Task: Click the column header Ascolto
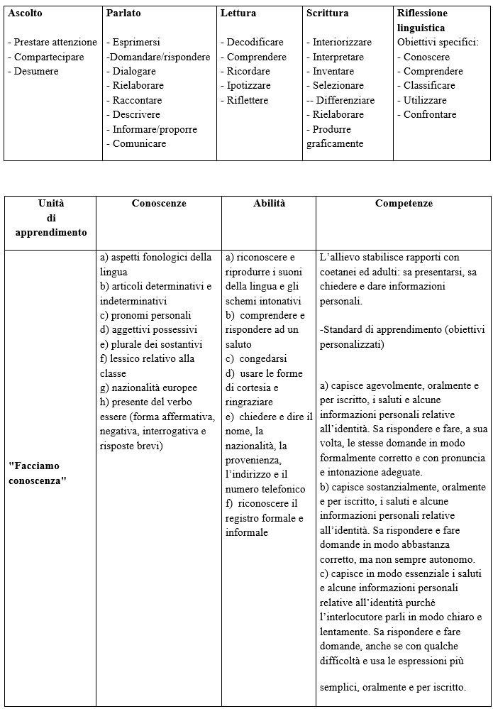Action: [x=25, y=13]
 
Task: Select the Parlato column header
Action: [x=123, y=13]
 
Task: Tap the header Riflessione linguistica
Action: [x=422, y=21]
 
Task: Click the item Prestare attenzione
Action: [x=52, y=43]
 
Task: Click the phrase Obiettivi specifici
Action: [x=438, y=43]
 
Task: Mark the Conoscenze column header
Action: [x=159, y=204]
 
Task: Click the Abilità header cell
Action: [x=269, y=204]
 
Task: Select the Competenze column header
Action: [x=403, y=204]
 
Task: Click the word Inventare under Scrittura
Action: [x=333, y=72]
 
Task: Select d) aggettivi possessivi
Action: [x=148, y=329]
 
